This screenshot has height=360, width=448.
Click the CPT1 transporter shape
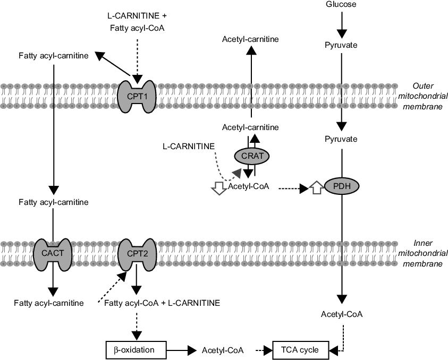pyautogui.click(x=136, y=96)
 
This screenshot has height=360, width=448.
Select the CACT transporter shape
pyautogui.click(x=52, y=253)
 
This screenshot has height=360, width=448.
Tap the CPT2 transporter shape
pyautogui.click(x=136, y=253)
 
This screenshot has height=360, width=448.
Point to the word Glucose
pyautogui.click(x=341, y=5)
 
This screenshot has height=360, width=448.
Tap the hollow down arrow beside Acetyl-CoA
pyautogui.click(x=218, y=187)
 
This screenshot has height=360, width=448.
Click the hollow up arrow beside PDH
pyautogui.click(x=316, y=187)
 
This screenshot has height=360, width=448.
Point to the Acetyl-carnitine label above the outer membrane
pyautogui.click(x=250, y=39)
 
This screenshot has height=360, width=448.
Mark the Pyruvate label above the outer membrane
pyautogui.click(x=341, y=45)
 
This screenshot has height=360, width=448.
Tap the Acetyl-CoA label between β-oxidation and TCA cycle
pyautogui.click(x=223, y=350)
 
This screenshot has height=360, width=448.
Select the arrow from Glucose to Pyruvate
pyautogui.click(x=341, y=24)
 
